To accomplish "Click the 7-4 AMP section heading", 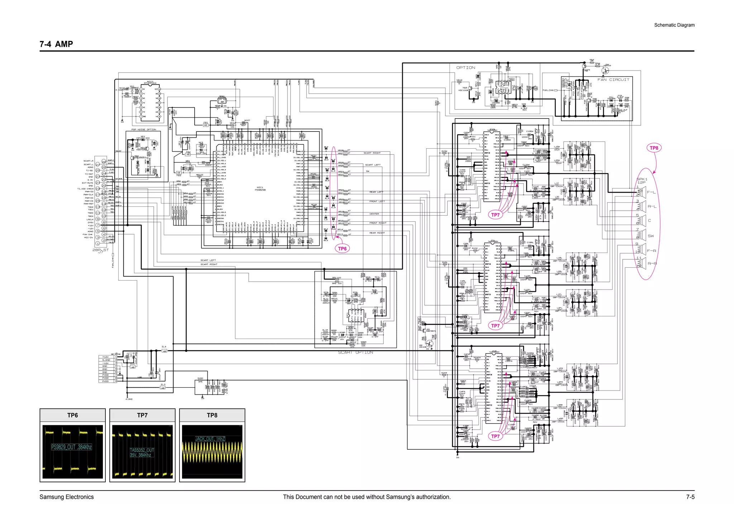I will [x=56, y=44].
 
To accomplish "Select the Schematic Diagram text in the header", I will [x=674, y=25].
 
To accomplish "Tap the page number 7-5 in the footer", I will [x=690, y=497].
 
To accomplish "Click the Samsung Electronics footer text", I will [x=67, y=497].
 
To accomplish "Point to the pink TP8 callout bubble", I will [x=654, y=148].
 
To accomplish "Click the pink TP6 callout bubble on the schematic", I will [x=342, y=249].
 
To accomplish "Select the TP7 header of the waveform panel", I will [x=142, y=415].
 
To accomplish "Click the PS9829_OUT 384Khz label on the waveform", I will [x=72, y=447].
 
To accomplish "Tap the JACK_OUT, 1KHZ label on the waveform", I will [x=210, y=439].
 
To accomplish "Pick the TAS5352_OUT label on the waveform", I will [x=142, y=450].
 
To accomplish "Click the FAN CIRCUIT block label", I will [x=613, y=80].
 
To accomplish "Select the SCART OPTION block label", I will [x=356, y=353].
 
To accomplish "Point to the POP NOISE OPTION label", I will [x=144, y=129].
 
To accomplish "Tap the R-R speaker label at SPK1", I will [x=652, y=264].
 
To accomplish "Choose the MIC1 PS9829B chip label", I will [x=260, y=188].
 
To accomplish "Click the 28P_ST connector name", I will [x=100, y=250].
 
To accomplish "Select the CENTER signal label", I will [x=374, y=214].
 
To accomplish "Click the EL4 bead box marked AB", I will [x=164, y=351].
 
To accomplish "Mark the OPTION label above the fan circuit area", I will [x=466, y=68].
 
